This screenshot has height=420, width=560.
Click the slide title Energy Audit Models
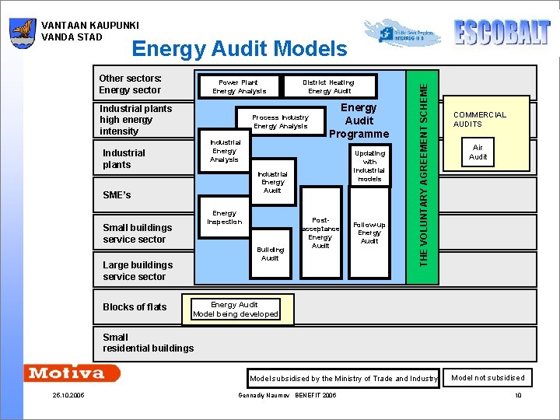240,50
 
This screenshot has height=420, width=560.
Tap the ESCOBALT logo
502,33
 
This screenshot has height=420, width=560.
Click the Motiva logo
71,373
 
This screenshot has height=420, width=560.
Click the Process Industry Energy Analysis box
280,122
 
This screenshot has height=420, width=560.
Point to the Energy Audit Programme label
359,121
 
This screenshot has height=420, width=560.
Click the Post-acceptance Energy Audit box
320,233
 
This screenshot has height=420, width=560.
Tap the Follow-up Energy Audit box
369,232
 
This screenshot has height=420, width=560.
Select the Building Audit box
270,254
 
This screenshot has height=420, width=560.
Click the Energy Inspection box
224,218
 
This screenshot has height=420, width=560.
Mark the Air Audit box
478,152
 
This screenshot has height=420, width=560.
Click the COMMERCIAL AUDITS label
479,119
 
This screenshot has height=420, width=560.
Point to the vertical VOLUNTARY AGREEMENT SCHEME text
424,167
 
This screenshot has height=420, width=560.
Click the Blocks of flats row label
135,307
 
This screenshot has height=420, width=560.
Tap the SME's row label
117,195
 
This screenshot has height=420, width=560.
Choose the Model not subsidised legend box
488,378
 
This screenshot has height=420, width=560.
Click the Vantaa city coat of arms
23,33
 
